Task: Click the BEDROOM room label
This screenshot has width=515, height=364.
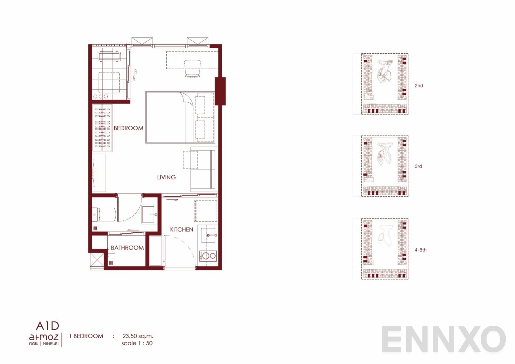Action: [x=128, y=128]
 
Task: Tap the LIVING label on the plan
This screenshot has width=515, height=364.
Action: [x=166, y=177]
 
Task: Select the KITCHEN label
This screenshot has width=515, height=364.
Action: [x=182, y=229]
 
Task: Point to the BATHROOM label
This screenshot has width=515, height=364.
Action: [x=127, y=248]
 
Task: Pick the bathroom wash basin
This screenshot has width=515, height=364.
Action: [x=150, y=214]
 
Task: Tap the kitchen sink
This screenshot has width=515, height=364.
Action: [x=208, y=235]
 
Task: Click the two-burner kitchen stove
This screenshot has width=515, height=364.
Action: [x=208, y=256]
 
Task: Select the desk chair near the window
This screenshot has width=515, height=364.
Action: [x=192, y=68]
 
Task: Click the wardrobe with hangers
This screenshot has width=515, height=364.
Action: [x=102, y=128]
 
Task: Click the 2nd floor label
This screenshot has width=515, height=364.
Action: [x=419, y=86]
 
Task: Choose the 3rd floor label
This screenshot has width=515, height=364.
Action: [x=418, y=166]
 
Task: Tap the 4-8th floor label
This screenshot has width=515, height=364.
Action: [x=420, y=250]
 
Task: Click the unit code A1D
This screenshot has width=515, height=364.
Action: [x=47, y=326]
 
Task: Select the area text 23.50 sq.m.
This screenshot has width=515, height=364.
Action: [x=138, y=336]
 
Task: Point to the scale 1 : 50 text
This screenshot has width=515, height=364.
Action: [x=137, y=343]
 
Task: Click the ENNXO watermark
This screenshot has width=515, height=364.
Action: [x=443, y=339]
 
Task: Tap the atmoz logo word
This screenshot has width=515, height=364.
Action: [x=44, y=337]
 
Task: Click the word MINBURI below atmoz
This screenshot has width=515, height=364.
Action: [x=51, y=344]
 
